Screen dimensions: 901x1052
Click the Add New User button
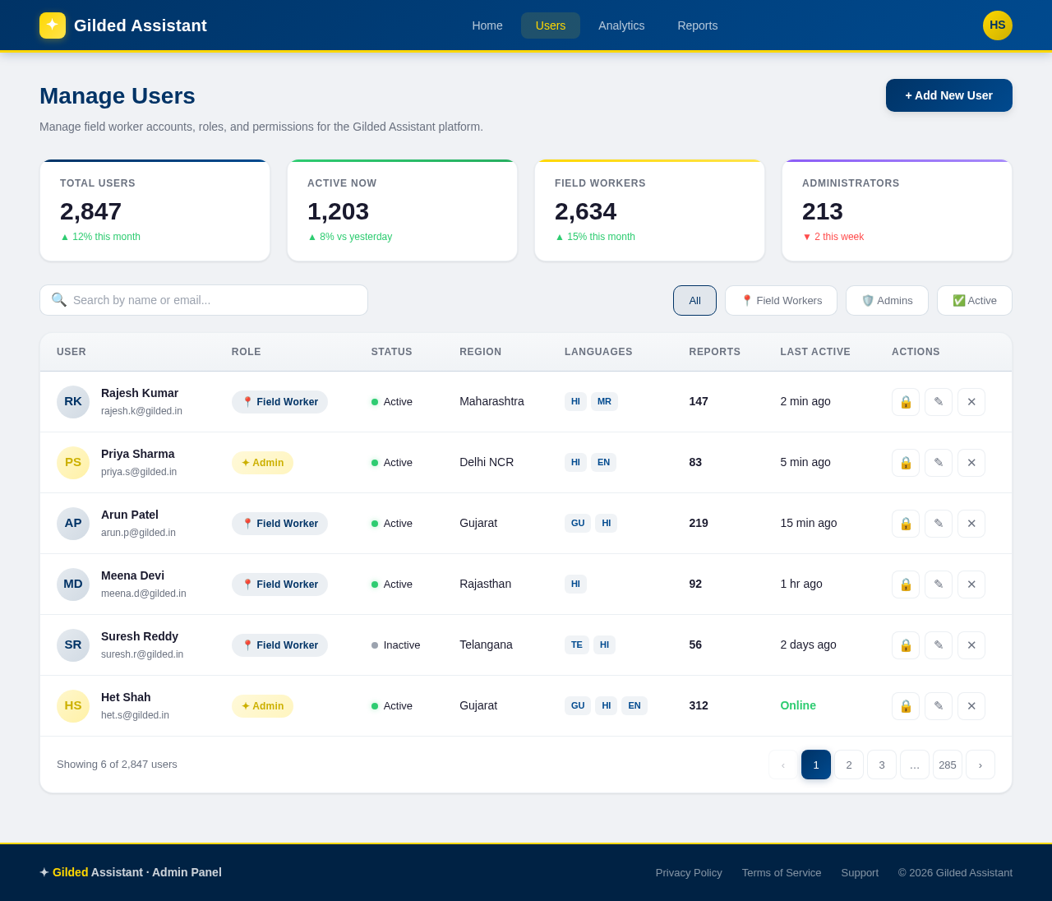[x=948, y=95]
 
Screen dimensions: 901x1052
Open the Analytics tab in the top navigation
[x=621, y=25]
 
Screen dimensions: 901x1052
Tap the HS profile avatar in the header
[x=997, y=25]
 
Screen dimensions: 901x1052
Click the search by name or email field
[x=204, y=300]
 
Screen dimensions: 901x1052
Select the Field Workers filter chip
[x=781, y=300]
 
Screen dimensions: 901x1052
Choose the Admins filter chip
[x=887, y=300]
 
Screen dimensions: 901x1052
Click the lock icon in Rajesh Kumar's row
[x=906, y=402]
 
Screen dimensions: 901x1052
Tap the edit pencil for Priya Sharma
[x=939, y=463]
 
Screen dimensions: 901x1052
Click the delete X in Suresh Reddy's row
[x=971, y=645]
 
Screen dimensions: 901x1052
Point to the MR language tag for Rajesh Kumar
[x=604, y=402]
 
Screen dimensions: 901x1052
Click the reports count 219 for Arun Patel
[x=699, y=523]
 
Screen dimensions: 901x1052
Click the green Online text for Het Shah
[x=798, y=705]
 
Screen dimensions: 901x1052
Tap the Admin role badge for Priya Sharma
[x=262, y=463]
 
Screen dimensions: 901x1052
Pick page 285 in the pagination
[x=948, y=765]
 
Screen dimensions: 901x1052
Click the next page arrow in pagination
[x=980, y=765]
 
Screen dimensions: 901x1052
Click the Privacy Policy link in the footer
[x=689, y=872]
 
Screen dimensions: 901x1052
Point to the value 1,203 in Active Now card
[x=338, y=211]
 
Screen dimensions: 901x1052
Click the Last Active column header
[x=815, y=352]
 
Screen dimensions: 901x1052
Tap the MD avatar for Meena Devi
[x=73, y=584]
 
